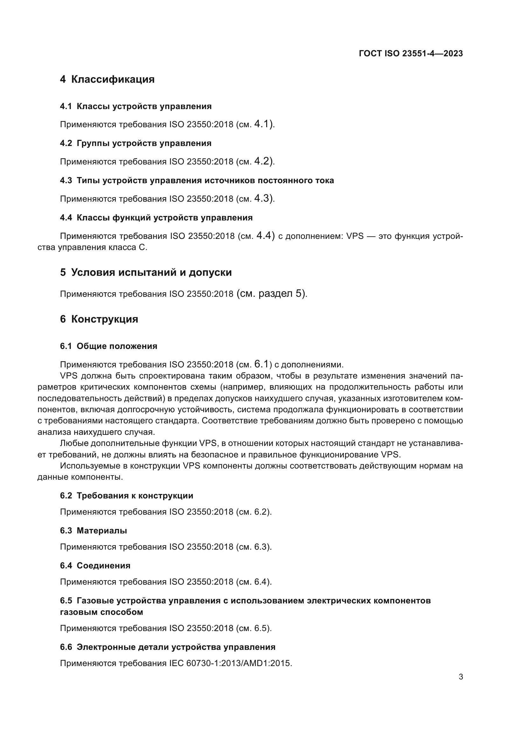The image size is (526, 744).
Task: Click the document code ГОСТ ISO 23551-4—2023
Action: tap(411, 54)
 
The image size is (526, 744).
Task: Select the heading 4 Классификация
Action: tap(107, 80)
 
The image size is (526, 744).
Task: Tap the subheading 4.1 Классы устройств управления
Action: tap(136, 106)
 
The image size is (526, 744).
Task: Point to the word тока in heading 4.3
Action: tap(324, 180)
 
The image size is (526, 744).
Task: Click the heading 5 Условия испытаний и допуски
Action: tap(146, 273)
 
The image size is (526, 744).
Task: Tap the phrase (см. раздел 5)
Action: tap(271, 294)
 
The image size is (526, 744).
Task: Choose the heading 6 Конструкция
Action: tap(99, 319)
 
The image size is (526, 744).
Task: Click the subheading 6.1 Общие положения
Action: tap(108, 346)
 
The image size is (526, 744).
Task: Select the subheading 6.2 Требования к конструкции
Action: tap(126, 496)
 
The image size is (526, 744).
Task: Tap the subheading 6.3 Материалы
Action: tap(93, 531)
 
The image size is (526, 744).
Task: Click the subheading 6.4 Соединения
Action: tap(95, 566)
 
